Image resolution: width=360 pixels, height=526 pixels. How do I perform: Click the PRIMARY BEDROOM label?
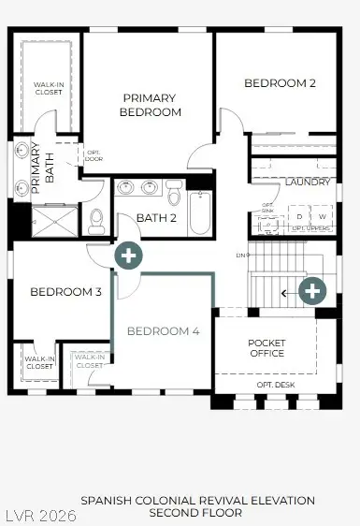pos(151,105)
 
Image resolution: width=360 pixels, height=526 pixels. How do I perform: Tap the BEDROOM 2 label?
pos(280,83)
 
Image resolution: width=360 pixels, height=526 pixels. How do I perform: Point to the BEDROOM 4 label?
pos(163,331)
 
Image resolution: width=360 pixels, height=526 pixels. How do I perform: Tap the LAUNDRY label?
pos(308,182)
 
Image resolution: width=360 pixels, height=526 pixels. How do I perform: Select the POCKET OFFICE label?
pos(266,348)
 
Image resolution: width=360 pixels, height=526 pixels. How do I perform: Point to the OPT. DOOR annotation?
pos(94,156)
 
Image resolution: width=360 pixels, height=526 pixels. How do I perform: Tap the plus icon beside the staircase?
pos(312,291)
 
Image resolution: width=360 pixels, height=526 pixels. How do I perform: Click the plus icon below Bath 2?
pos(128,255)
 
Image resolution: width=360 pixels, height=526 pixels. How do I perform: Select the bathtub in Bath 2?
pos(200,213)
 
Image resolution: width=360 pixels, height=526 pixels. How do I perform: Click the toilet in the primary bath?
pos(96,220)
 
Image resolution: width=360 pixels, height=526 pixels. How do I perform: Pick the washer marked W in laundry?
pos(323,217)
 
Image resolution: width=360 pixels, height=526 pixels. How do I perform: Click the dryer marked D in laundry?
pos(299,217)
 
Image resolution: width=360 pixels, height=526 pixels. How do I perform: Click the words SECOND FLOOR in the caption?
pos(197,513)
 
